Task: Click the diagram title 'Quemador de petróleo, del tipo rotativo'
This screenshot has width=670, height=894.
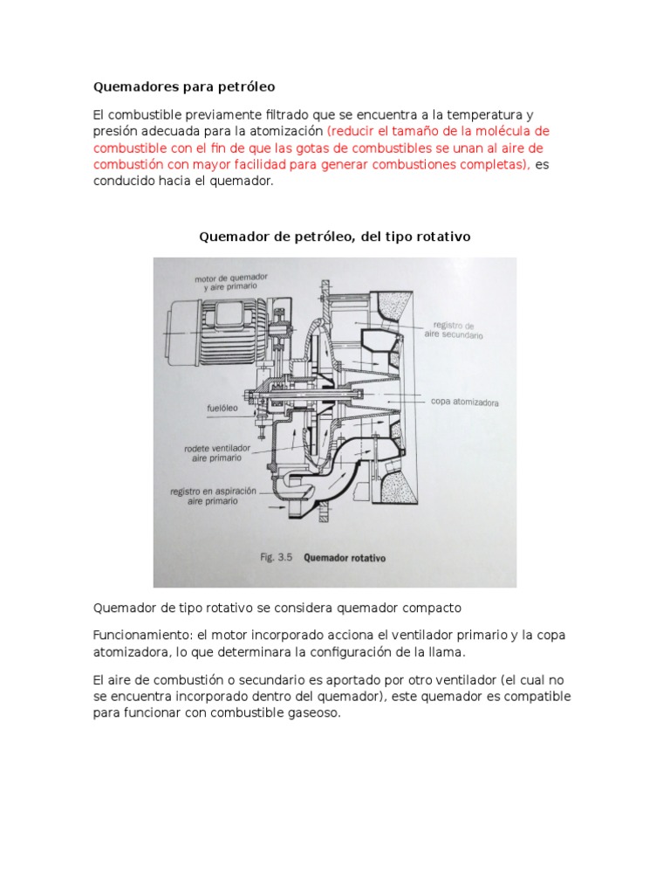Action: coord(335,237)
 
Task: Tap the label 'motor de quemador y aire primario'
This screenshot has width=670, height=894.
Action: coord(231,281)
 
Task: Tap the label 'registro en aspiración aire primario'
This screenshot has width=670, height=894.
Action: coord(214,496)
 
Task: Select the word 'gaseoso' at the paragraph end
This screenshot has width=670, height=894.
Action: coord(311,712)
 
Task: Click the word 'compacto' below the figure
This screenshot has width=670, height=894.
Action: coord(429,606)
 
